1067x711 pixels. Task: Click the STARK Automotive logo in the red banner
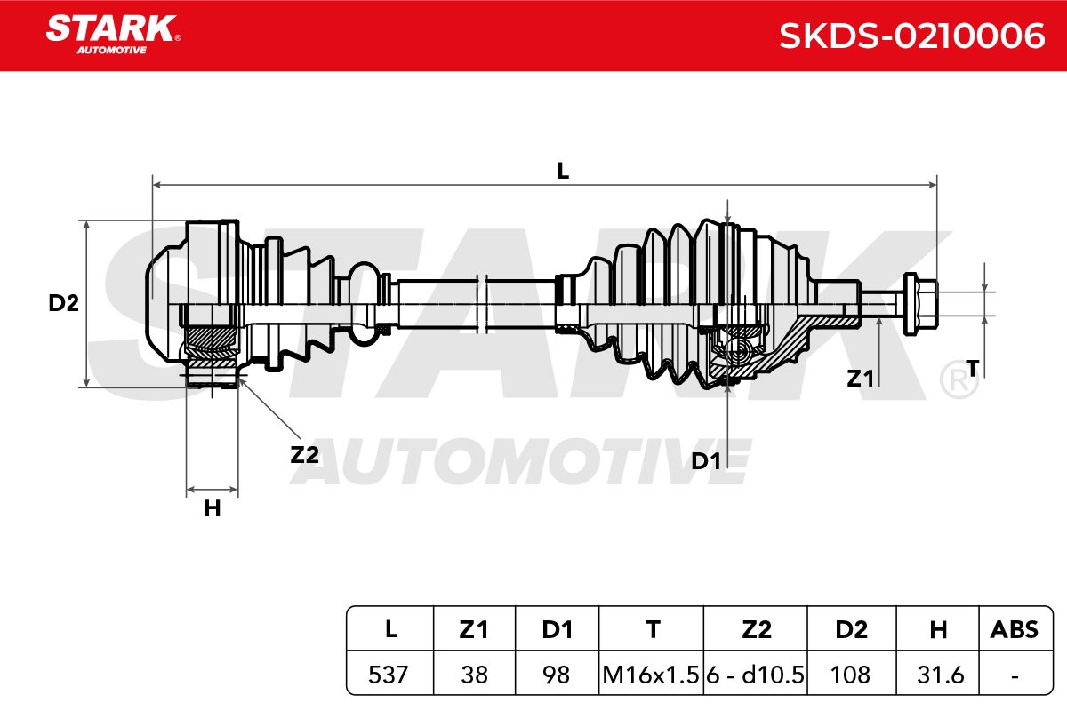(113, 35)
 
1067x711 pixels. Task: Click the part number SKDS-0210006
(911, 36)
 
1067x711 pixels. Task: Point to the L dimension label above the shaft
(563, 171)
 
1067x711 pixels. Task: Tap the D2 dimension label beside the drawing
(63, 303)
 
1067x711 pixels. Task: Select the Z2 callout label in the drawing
(304, 455)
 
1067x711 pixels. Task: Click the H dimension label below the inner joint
(212, 508)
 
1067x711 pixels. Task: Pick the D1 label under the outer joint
(705, 461)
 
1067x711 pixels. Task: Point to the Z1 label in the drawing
(860, 379)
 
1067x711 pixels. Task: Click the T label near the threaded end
(972, 368)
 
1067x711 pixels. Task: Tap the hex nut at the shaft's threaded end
(921, 304)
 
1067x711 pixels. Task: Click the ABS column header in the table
(1015, 629)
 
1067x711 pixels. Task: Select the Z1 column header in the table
(474, 629)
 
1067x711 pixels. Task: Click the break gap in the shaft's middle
(482, 304)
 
